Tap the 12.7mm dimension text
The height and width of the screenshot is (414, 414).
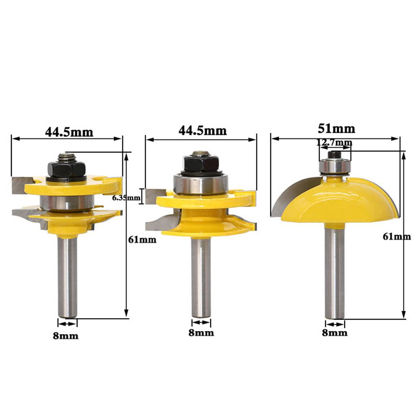[335, 142]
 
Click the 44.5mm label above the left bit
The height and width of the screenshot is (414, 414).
[69, 132]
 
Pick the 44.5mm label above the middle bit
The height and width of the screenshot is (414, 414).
[202, 130]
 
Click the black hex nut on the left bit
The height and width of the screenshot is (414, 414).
[67, 168]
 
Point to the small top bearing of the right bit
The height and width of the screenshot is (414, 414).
[334, 165]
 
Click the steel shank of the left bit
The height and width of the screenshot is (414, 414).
[67, 276]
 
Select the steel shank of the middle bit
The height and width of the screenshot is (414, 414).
[201, 276]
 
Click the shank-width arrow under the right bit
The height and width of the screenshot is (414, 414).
[335, 324]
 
